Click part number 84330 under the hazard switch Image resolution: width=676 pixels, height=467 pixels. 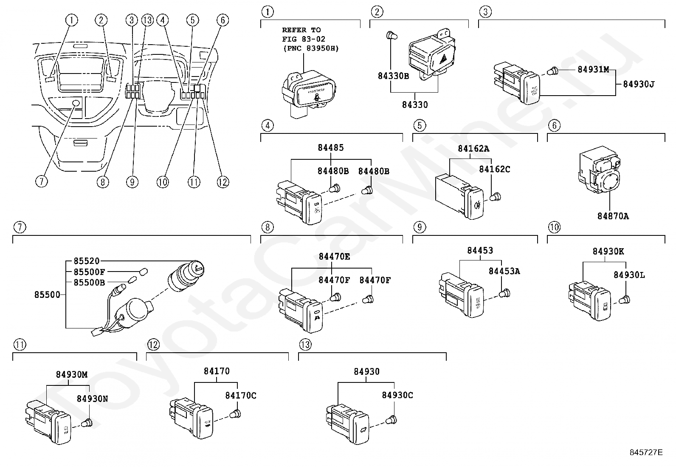pyautogui.click(x=415, y=105)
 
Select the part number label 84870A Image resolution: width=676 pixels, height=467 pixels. pyautogui.click(x=613, y=216)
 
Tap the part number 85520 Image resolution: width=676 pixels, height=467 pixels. pyautogui.click(x=86, y=261)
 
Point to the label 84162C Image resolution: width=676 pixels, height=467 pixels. pyautogui.click(x=494, y=169)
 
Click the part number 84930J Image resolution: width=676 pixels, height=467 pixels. pyautogui.click(x=638, y=84)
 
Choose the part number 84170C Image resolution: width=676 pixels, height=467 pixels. pyautogui.click(x=240, y=396)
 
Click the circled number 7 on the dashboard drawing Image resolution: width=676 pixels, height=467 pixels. pyautogui.click(x=41, y=182)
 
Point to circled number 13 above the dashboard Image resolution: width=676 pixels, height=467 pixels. pyautogui.click(x=147, y=20)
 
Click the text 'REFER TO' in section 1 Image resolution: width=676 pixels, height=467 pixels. pyautogui.click(x=301, y=30)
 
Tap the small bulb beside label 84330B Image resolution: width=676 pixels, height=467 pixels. pyautogui.click(x=392, y=37)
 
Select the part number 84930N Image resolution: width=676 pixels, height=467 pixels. pyautogui.click(x=92, y=399)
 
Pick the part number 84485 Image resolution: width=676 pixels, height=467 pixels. pyautogui.click(x=330, y=148)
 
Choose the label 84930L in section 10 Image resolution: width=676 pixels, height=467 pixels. pyautogui.click(x=629, y=275)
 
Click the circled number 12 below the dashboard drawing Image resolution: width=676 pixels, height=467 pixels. pyautogui.click(x=223, y=182)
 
